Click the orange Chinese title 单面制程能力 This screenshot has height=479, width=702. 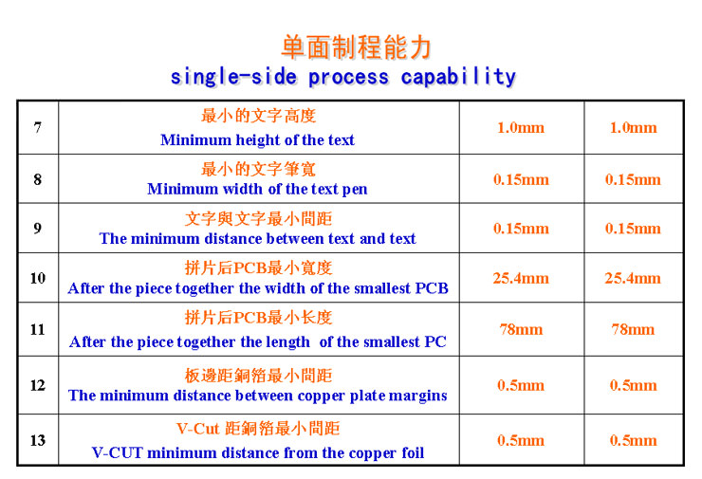[357, 47]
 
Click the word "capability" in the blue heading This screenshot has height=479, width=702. [458, 78]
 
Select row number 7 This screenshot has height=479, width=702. [38, 128]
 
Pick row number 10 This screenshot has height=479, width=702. [38, 278]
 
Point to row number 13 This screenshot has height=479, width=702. [38, 440]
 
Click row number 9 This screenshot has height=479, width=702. [38, 229]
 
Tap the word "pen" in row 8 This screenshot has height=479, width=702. [355, 190]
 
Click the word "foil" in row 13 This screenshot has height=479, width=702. [413, 452]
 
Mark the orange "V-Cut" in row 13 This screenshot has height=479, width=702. [198, 429]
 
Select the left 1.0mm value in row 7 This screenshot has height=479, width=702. [521, 128]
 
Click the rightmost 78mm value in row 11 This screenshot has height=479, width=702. [633, 330]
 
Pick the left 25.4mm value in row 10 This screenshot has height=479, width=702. [521, 279]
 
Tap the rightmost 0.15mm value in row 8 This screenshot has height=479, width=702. [633, 180]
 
